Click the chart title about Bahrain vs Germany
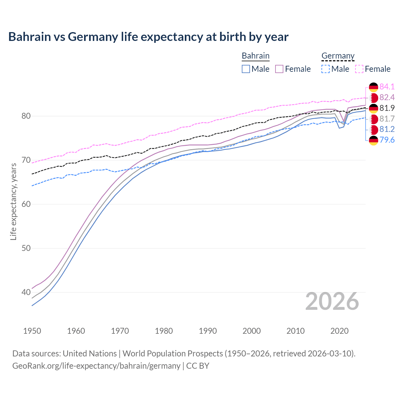(148, 37)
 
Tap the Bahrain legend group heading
(255, 56)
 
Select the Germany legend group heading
(338, 56)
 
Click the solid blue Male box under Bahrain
(246, 69)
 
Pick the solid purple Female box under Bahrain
(279, 69)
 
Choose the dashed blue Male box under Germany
(326, 69)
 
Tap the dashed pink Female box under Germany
(359, 69)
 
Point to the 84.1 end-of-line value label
(387, 87)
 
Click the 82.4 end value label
(387, 97)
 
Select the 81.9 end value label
(387, 108)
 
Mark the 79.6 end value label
(387, 140)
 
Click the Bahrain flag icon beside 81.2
(373, 129)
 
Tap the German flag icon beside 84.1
(373, 87)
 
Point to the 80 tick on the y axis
(26, 116)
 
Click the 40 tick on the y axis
(26, 292)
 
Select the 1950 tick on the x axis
(32, 331)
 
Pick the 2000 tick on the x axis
(252, 331)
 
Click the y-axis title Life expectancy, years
(13, 201)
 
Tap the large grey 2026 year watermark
(332, 301)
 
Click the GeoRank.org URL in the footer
(96, 366)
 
